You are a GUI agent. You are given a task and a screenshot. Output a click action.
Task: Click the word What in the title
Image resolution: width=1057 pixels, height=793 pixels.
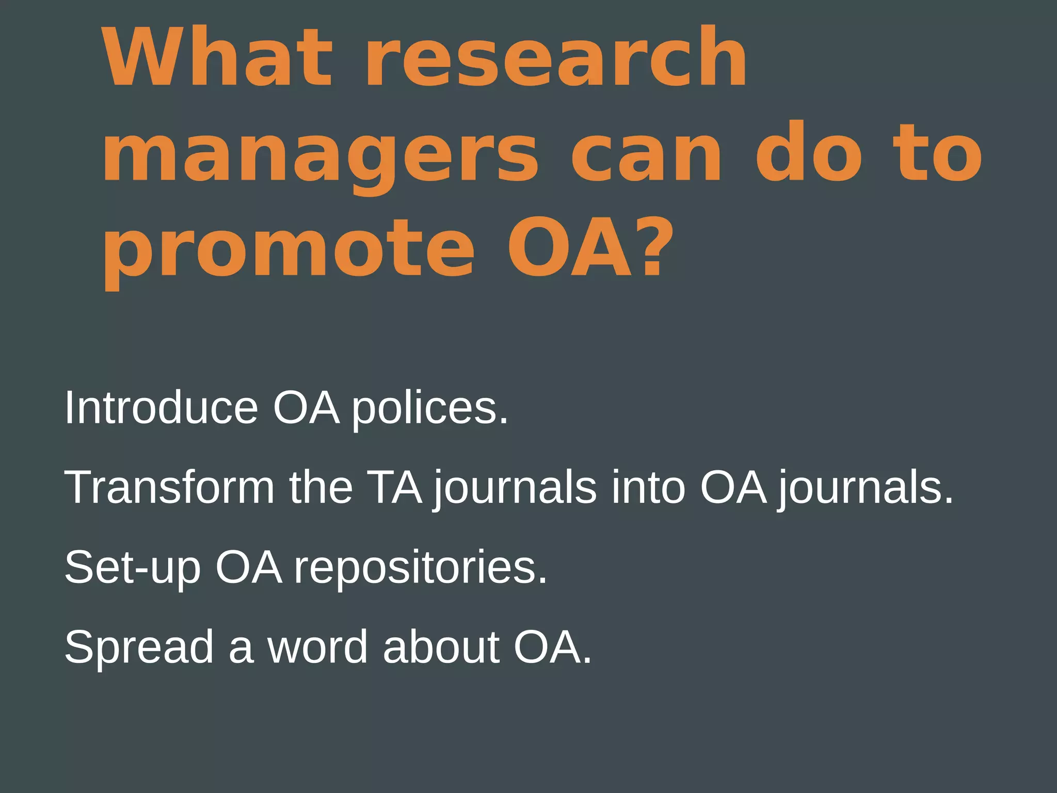click(x=217, y=57)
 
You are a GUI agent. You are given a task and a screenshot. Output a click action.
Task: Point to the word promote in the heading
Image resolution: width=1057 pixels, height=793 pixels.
click(x=289, y=250)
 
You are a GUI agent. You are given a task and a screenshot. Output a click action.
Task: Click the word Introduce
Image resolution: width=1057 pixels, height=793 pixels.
click(x=161, y=408)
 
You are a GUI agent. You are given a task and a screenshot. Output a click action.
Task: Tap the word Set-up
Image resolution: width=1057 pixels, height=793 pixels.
click(x=132, y=567)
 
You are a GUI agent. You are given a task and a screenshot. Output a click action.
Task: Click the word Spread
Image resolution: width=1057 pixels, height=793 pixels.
click(x=138, y=647)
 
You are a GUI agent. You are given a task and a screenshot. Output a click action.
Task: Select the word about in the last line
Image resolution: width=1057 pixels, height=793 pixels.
click(x=441, y=647)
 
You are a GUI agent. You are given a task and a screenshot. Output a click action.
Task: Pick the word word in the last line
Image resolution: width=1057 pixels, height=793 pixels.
click(x=317, y=647)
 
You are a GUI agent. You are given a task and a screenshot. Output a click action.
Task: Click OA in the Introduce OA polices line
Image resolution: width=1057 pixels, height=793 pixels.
click(x=306, y=408)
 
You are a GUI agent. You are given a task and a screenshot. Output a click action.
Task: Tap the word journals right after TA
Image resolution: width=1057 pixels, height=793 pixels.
click(x=515, y=488)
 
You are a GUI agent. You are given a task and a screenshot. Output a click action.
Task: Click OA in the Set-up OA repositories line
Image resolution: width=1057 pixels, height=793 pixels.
click(x=249, y=567)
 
